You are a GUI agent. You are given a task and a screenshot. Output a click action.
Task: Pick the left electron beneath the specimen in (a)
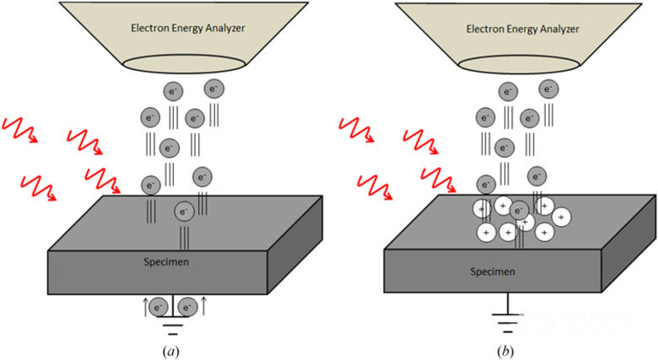pos(157,308)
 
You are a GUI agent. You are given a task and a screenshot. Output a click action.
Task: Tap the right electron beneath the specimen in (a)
pos(188,308)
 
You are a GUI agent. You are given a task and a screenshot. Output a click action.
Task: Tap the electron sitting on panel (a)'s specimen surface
pos(183,211)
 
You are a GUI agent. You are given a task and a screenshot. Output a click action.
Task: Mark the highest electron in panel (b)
pos(548,89)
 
